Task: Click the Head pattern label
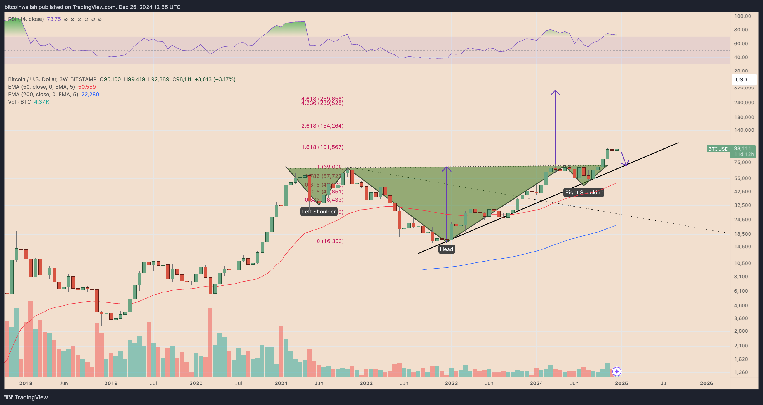click(446, 249)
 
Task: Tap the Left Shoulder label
click(319, 211)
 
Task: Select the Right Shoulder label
click(583, 192)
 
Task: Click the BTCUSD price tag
click(718, 149)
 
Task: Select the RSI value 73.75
click(54, 19)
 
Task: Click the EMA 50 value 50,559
click(87, 87)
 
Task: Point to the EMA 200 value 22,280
click(90, 94)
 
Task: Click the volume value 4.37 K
click(41, 101)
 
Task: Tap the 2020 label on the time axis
click(196, 383)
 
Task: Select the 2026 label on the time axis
click(707, 383)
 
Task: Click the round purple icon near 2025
click(617, 371)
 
